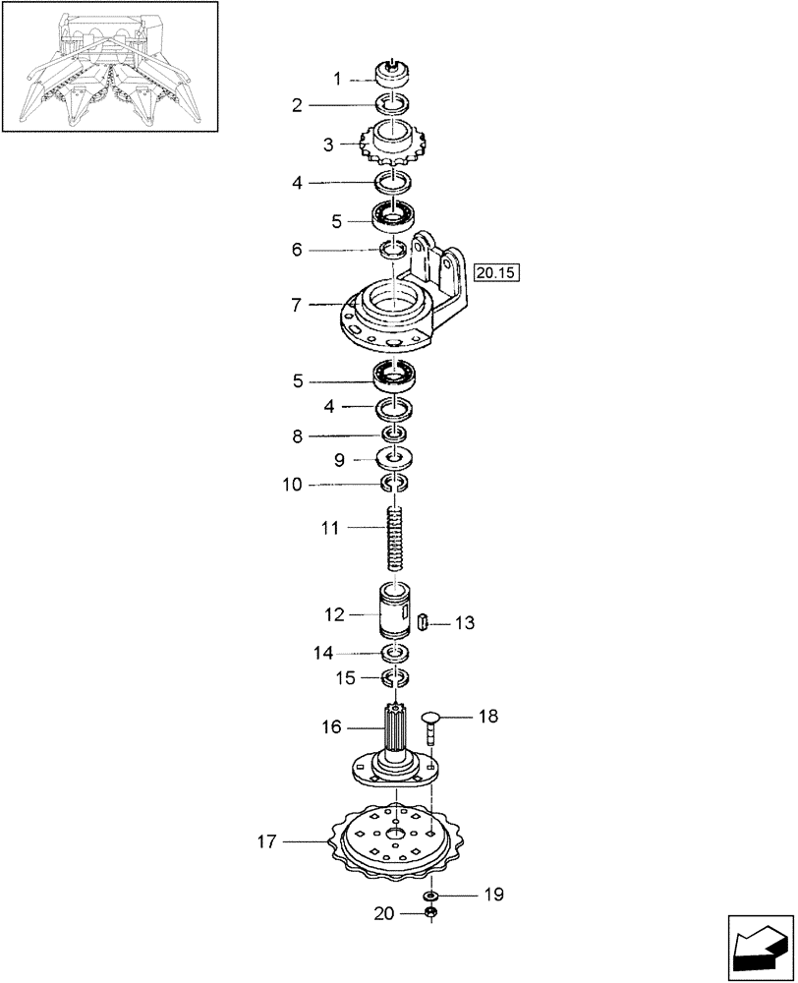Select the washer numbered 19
click(430, 896)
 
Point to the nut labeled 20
click(430, 914)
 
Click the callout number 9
click(337, 459)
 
